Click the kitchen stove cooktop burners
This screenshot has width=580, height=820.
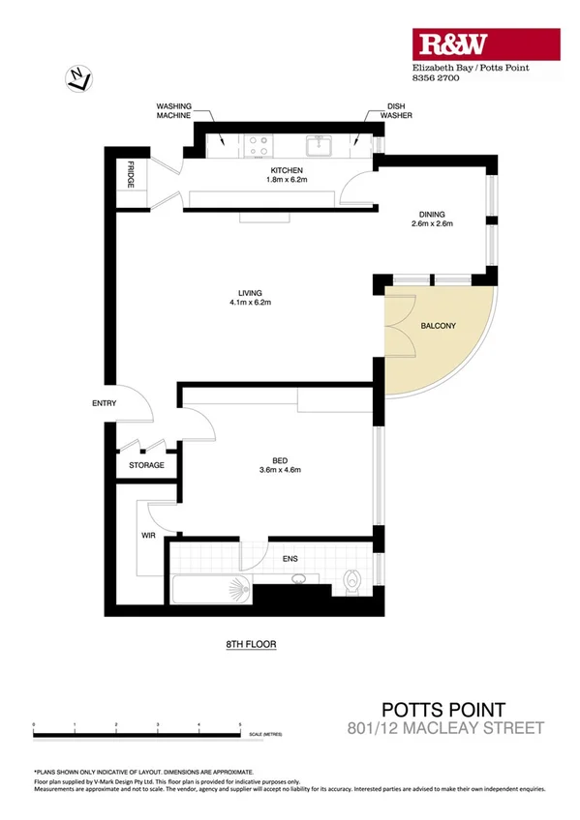(x=259, y=145)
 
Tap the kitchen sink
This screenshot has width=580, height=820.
(x=319, y=146)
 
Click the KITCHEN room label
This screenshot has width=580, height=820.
(x=287, y=171)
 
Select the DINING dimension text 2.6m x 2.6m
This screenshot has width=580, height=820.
(x=432, y=224)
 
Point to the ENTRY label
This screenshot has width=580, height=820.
(x=104, y=403)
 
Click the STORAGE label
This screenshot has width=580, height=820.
(x=146, y=465)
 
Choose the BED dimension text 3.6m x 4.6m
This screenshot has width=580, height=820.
(x=282, y=471)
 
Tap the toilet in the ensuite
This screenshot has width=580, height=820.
(x=352, y=583)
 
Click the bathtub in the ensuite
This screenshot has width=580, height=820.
(x=210, y=588)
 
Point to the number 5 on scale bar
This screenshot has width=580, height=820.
(x=240, y=723)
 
